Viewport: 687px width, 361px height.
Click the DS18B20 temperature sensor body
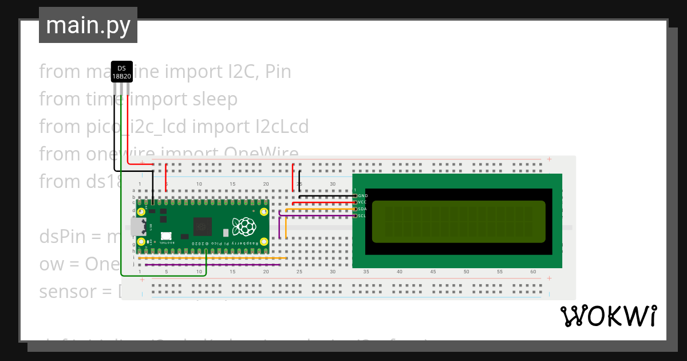tap(121, 72)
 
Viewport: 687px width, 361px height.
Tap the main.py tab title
tap(88, 25)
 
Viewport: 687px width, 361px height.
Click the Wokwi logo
tap(608, 316)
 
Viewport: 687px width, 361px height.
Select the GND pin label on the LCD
tap(362, 196)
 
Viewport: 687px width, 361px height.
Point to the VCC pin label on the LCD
tap(362, 202)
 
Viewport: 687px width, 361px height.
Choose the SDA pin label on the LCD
tap(362, 209)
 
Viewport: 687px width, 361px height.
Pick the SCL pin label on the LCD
tap(362, 216)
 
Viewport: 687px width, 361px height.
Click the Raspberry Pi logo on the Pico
tap(243, 226)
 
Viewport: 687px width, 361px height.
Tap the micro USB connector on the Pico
tap(137, 227)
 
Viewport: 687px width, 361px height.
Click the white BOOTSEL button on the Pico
tap(166, 236)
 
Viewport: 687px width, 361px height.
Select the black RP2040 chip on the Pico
tap(202, 227)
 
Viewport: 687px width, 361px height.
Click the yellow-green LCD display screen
tap(459, 222)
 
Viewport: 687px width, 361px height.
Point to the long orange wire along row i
tap(212, 258)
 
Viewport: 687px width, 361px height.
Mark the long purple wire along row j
tap(212, 265)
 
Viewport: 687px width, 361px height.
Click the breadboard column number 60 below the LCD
tap(533, 272)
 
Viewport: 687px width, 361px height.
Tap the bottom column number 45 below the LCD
tap(433, 272)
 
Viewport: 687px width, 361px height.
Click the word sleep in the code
tap(214, 99)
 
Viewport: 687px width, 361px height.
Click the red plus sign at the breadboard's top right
tap(549, 159)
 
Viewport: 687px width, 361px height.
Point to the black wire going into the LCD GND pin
tap(326, 196)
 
